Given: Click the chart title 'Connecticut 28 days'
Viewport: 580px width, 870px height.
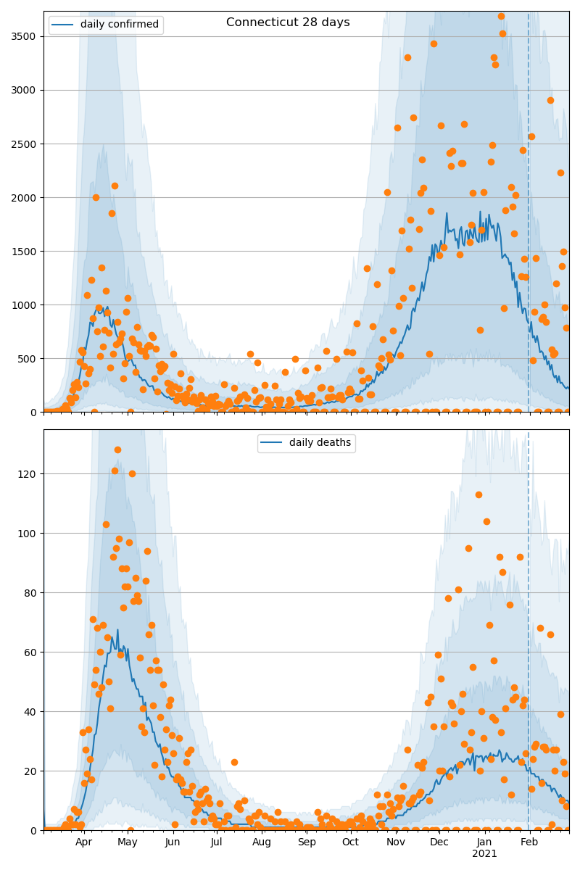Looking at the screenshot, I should pyautogui.click(x=288, y=22).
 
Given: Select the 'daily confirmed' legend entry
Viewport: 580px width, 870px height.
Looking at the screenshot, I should pyautogui.click(x=106, y=25).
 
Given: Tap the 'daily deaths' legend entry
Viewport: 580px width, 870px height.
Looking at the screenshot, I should pyautogui.click(x=307, y=443).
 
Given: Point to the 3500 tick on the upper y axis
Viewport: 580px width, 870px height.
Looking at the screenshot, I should pyautogui.click(x=25, y=36).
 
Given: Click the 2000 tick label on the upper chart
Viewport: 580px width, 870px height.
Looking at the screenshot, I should pyautogui.click(x=25, y=197).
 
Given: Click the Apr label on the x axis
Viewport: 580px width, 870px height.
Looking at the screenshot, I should pyautogui.click(x=83, y=842).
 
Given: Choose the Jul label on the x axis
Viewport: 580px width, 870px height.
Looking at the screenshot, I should pyautogui.click(x=217, y=842).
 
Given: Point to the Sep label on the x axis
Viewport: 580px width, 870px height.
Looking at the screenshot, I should pyautogui.click(x=307, y=842).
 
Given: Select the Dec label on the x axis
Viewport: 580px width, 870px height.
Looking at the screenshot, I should pyautogui.click(x=439, y=842).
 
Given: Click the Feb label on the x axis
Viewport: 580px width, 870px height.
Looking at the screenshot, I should pyautogui.click(x=529, y=842).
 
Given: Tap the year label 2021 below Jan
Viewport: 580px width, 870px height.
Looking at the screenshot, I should pyautogui.click(x=484, y=854).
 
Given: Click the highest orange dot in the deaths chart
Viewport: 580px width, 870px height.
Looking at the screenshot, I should pyautogui.click(x=117, y=449).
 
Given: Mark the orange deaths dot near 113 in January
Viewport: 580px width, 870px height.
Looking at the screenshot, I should pyautogui.click(x=478, y=494).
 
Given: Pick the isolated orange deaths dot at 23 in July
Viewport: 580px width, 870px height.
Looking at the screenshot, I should pyautogui.click(x=234, y=762).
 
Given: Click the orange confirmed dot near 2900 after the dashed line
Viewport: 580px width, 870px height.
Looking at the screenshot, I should pyautogui.click(x=550, y=100).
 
